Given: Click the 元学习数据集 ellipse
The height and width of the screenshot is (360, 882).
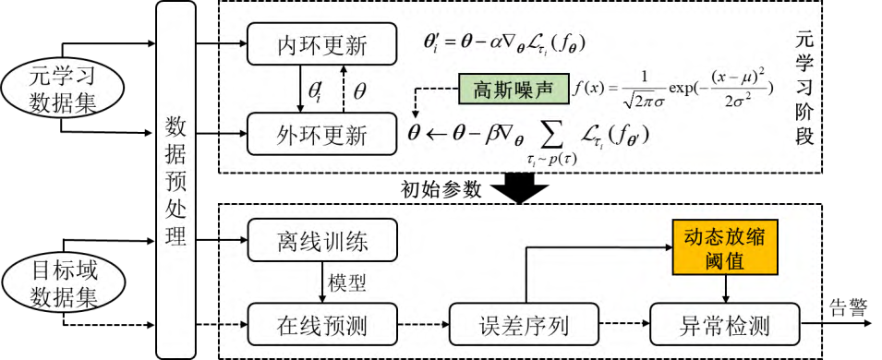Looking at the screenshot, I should (61, 85).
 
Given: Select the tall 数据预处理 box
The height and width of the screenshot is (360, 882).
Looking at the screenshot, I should (175, 180).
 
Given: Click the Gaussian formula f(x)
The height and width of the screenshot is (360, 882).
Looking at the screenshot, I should (672, 90).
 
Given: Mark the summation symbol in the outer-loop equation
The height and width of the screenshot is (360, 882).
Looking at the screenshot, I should (551, 135).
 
